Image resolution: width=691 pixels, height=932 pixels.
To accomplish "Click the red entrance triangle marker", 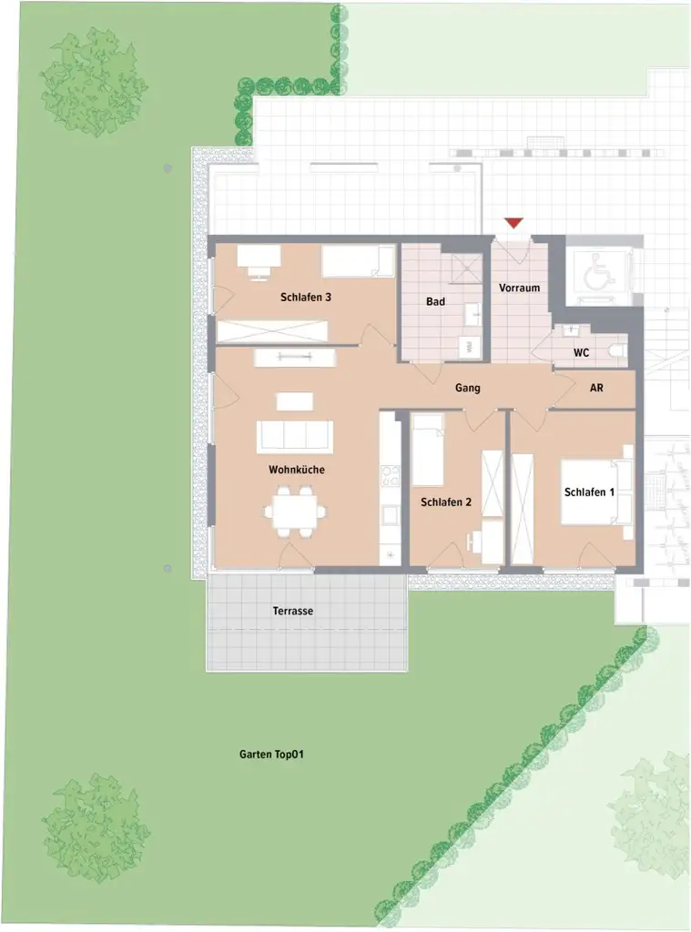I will tap(513, 223).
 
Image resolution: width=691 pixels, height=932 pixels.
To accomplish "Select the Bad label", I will tap(435, 301).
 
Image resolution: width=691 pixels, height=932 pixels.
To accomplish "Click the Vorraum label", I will tap(519, 289).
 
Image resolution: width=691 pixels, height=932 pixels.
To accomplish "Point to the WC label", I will tap(581, 353).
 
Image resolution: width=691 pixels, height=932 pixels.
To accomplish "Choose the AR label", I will tap(597, 388).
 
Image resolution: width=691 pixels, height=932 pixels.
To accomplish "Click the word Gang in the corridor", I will tap(468, 388).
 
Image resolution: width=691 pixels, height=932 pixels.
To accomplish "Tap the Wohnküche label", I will tap(296, 470).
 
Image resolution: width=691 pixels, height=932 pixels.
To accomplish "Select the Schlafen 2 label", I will tap(445, 501).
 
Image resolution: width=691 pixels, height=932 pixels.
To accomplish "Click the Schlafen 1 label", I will tap(590, 492).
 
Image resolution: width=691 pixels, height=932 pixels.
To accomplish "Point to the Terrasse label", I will tap(292, 611).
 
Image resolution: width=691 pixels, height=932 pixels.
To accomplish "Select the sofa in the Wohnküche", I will tap(294, 436).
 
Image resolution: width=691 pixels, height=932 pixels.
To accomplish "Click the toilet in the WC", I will tap(618, 350).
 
